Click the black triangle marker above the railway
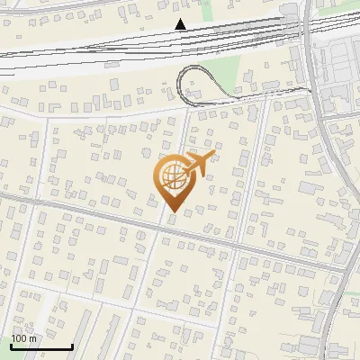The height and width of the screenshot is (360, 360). coord(181,23)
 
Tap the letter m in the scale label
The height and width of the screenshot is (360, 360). coord(33,338)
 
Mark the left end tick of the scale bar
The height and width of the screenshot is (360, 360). coord(11,346)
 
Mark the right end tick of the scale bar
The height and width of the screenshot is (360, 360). coord(72,346)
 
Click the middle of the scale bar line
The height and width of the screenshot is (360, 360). coord(41,347)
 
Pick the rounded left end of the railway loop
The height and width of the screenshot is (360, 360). coord(180,85)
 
